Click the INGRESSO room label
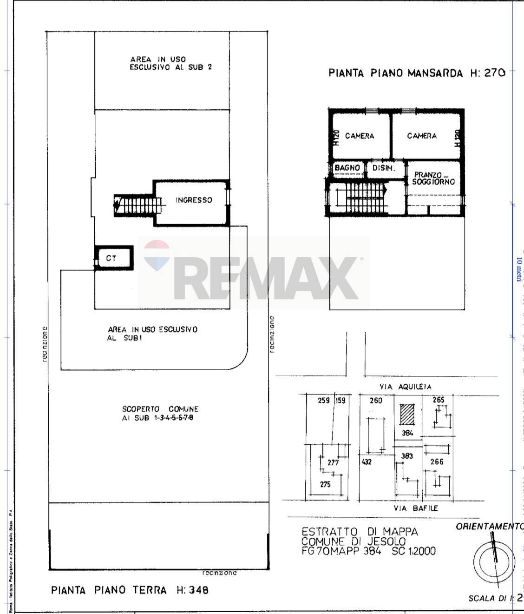[193, 200]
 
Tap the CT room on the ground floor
[111, 258]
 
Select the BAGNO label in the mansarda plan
[347, 168]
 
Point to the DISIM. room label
[384, 168]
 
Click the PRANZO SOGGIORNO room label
[433, 178]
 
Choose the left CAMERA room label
[360, 136]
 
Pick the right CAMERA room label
[422, 136]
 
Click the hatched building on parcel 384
[407, 414]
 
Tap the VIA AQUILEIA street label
[405, 387]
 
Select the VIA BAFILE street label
[415, 508]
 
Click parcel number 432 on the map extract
[367, 462]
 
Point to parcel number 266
[437, 462]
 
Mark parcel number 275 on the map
[325, 484]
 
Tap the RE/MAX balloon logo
[157, 255]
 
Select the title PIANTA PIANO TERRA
[109, 590]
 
